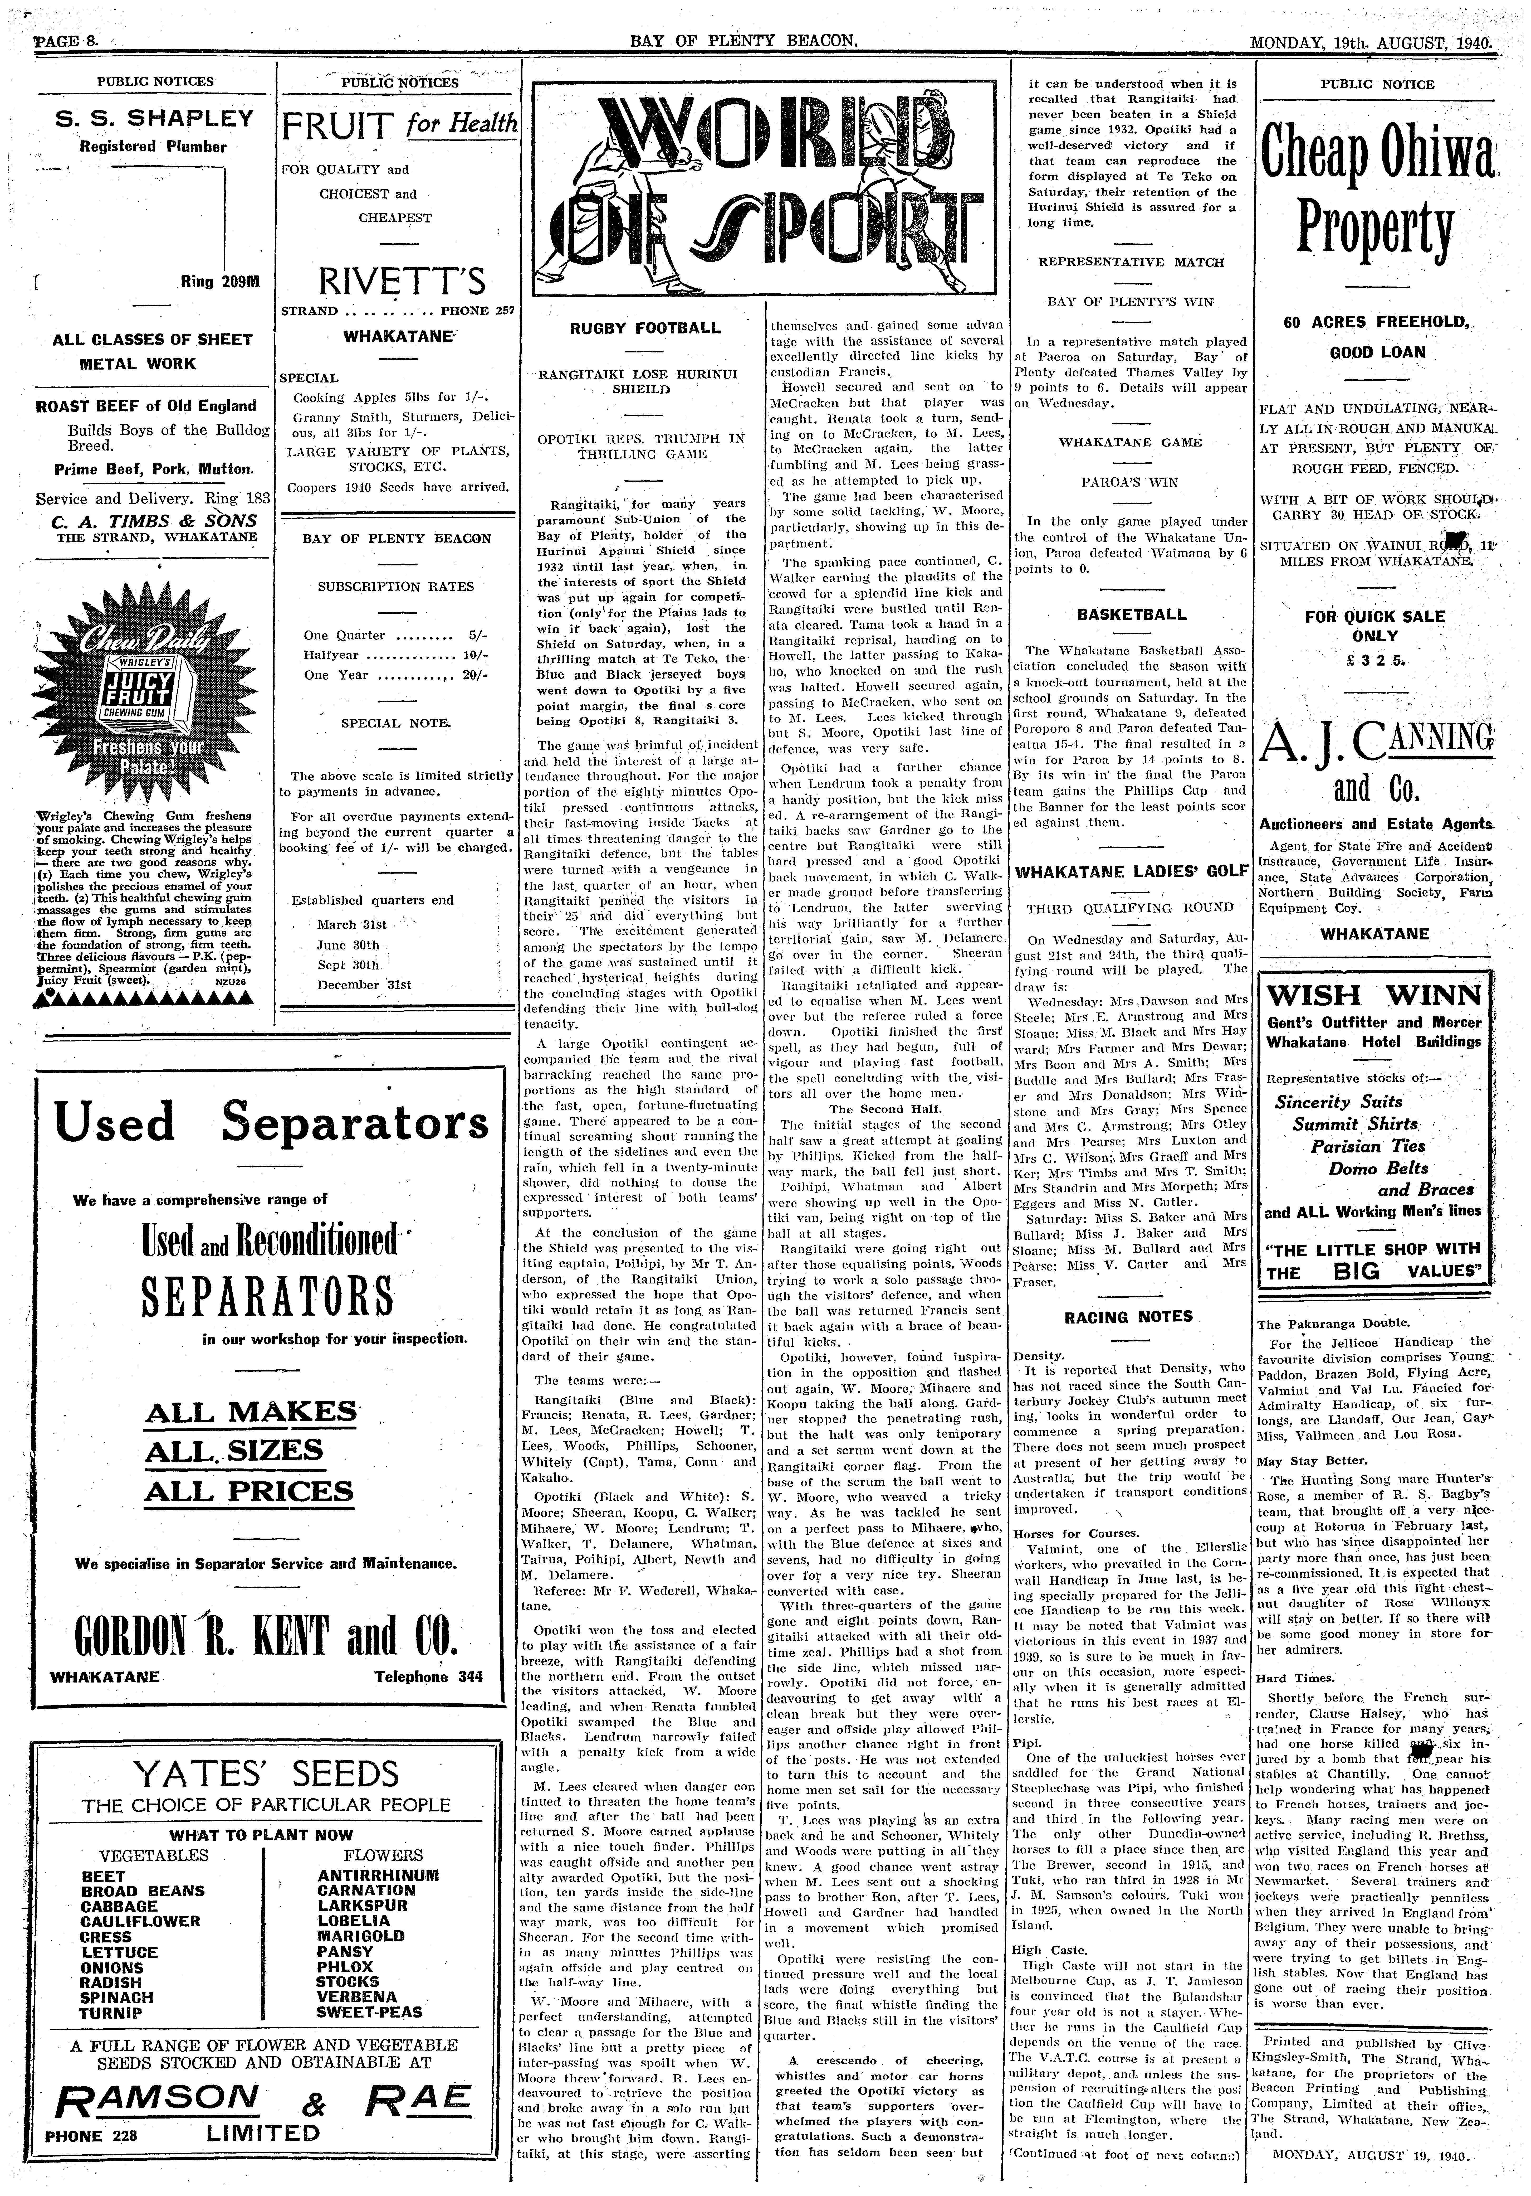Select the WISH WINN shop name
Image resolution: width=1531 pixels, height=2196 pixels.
click(1374, 997)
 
